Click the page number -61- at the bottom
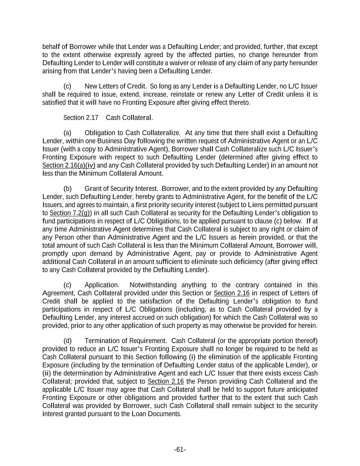click(180, 450)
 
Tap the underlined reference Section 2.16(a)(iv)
click(69, 166)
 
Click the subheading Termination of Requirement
click(125, 341)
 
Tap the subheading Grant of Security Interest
click(121, 189)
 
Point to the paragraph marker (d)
click(68, 341)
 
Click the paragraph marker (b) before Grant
click(68, 189)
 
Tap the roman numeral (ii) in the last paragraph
click(47, 373)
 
